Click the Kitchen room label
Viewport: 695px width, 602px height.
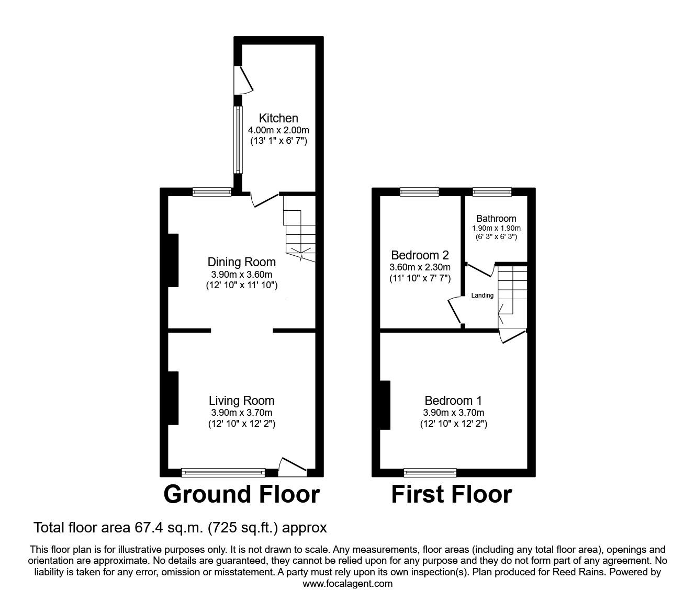[x=278, y=118]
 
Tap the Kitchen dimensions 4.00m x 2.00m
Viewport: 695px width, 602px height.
[x=278, y=130]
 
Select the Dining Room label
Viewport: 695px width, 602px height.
[x=241, y=262]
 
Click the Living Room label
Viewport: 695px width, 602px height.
[x=241, y=401]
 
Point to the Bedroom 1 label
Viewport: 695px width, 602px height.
[x=453, y=401]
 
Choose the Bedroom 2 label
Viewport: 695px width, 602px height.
[x=420, y=255]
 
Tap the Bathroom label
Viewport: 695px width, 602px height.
[x=496, y=219]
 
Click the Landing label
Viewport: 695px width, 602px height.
[x=482, y=296]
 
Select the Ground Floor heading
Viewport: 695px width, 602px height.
[x=241, y=494]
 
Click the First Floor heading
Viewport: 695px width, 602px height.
[x=452, y=494]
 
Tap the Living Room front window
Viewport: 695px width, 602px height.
[x=223, y=473]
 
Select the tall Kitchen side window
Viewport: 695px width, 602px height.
[x=238, y=140]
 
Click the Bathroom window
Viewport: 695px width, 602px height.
[x=492, y=192]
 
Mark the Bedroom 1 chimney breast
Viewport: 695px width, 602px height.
[x=385, y=405]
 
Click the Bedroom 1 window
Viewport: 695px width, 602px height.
[x=430, y=473]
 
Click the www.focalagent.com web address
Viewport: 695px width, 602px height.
[x=347, y=584]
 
